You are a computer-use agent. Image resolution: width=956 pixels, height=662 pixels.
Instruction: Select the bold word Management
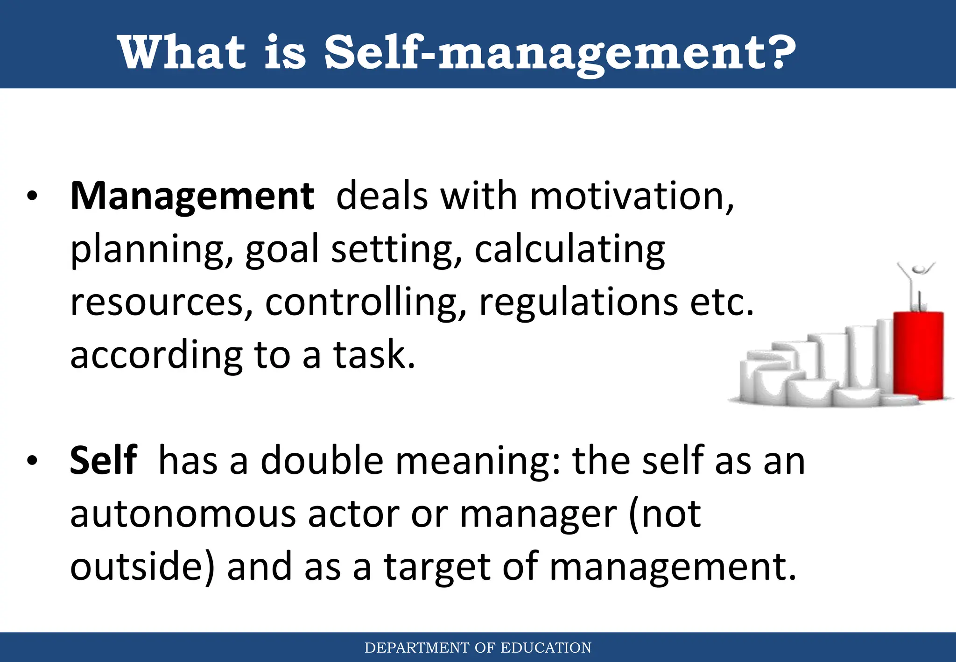tap(192, 196)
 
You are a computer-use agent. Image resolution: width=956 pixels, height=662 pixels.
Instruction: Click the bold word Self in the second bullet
tap(103, 461)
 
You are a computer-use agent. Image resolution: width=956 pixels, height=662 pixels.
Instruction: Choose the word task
tap(373, 355)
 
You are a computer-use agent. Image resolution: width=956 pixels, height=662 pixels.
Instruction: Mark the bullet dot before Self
tap(32, 461)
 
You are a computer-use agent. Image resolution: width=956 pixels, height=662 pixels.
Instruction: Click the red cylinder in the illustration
tap(918, 355)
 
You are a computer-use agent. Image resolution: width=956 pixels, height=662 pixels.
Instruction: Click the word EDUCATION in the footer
tap(546, 648)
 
